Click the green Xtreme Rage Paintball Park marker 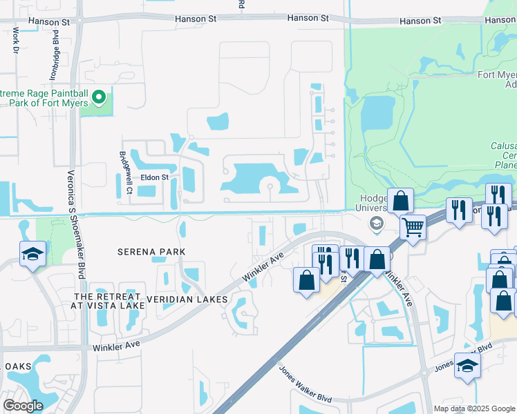(x=99, y=97)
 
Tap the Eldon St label (x=155, y=177)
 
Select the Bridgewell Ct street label (x=126, y=172)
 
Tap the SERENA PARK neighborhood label (x=151, y=252)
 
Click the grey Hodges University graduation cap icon (x=377, y=222)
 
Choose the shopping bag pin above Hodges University (x=400, y=201)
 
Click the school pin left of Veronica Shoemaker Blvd (x=32, y=253)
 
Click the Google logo (x=23, y=405)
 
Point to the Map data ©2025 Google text (x=474, y=408)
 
